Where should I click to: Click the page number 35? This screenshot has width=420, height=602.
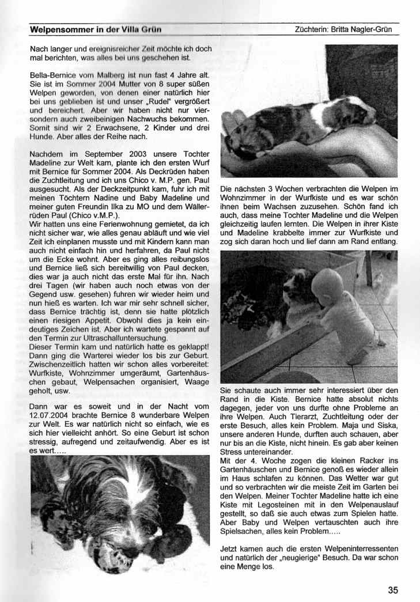[393, 589]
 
